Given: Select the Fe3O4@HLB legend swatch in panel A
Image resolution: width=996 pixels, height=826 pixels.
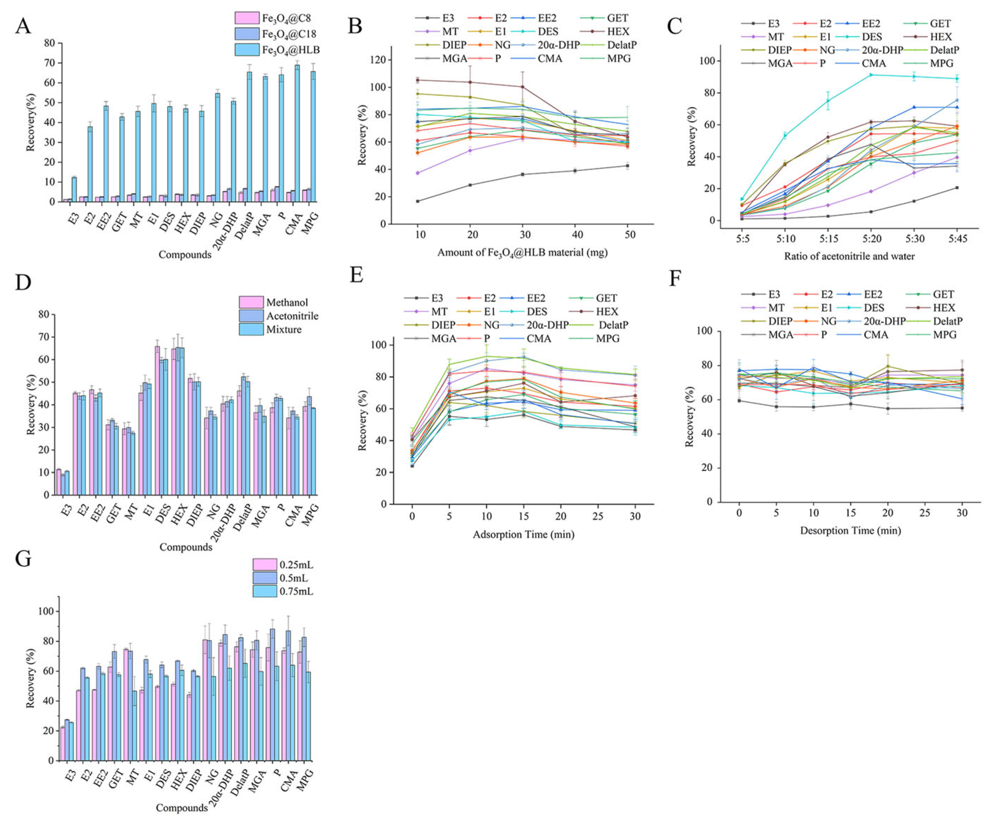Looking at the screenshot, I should coord(246,49).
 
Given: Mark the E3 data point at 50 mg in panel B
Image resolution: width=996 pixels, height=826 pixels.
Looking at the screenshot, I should coord(628,165).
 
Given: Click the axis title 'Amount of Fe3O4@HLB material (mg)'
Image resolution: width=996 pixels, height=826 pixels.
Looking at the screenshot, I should coord(522,253).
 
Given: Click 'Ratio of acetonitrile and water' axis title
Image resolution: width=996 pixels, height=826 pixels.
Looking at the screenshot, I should coord(849,257).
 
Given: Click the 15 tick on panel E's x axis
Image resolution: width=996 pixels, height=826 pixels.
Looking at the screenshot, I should coord(523,516).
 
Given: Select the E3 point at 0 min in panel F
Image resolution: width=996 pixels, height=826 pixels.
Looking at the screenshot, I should coord(739,401).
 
